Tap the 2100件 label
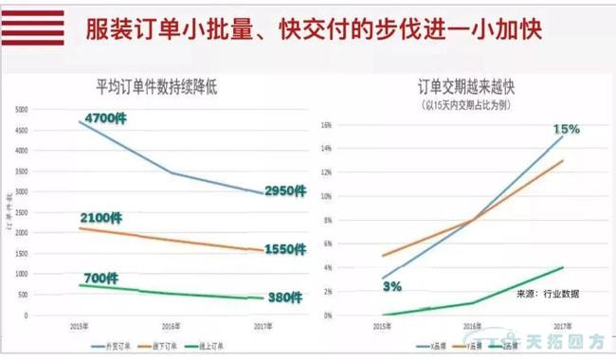pos(101,218)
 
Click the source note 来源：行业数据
pos(548,294)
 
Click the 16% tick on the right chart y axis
pos(325,125)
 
